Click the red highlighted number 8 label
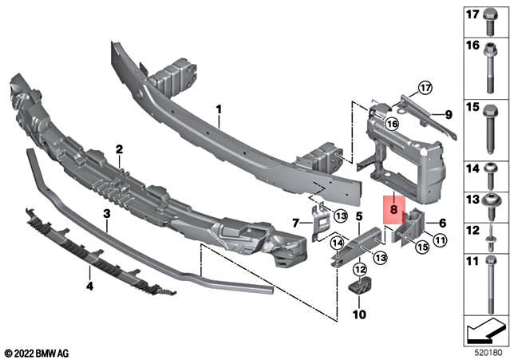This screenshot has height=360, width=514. [393, 210]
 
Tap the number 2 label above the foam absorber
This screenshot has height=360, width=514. [118, 149]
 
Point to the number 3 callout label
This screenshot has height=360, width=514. [105, 214]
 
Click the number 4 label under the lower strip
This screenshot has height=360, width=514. [89, 283]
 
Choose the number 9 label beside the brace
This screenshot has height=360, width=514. [448, 115]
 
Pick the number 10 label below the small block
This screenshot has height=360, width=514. [359, 315]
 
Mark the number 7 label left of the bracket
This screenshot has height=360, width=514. [295, 222]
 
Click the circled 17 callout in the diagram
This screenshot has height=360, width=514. [425, 87]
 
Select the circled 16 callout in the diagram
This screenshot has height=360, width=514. [391, 124]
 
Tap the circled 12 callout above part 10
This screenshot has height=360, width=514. [359, 271]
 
